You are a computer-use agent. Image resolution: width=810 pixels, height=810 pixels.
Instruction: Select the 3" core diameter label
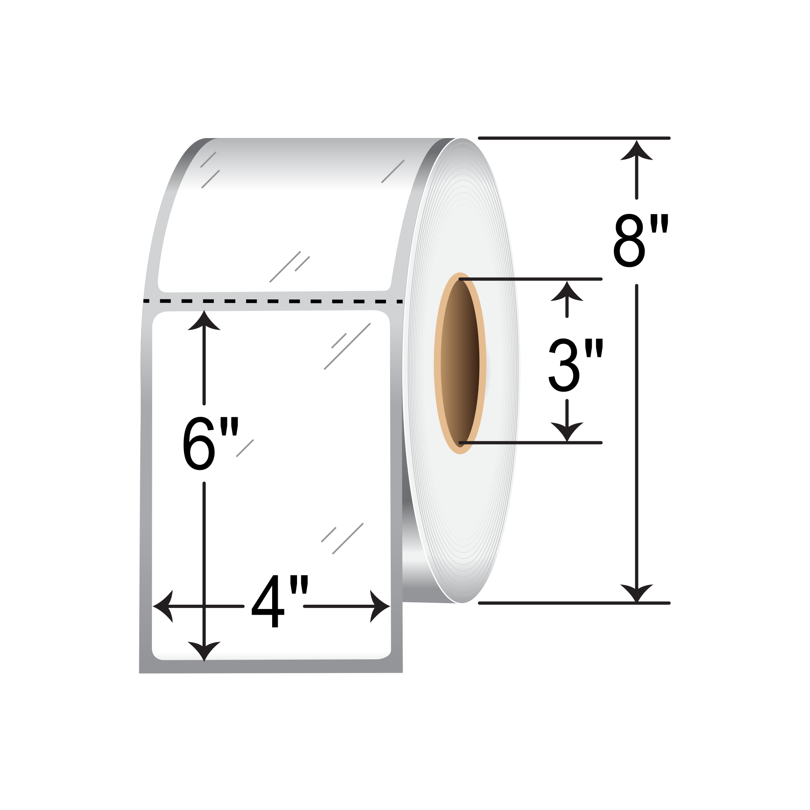click(x=575, y=365)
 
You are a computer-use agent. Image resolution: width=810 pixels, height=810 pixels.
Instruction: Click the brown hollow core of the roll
click(x=460, y=363)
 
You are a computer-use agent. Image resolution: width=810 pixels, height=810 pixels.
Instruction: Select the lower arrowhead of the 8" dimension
click(x=636, y=592)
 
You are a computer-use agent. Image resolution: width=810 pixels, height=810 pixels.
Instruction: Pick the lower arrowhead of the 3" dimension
click(x=567, y=431)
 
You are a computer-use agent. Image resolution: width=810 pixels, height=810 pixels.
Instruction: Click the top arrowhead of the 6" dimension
click(x=204, y=321)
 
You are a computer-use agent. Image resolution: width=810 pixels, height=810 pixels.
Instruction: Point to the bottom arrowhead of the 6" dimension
click(x=204, y=650)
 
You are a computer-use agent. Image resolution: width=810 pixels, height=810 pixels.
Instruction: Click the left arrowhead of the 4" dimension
click(x=163, y=606)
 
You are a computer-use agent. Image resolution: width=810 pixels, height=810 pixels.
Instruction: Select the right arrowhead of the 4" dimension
click(x=379, y=606)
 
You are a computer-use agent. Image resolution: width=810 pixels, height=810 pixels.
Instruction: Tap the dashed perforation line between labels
click(x=273, y=301)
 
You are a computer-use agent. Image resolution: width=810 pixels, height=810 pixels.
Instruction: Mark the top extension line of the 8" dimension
click(x=574, y=138)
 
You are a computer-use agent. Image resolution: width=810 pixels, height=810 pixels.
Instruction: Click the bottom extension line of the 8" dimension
click(x=574, y=603)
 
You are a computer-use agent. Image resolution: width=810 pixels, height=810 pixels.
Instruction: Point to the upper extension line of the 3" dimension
click(x=530, y=279)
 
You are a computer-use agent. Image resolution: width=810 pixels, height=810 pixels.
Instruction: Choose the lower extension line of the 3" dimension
click(x=530, y=443)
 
